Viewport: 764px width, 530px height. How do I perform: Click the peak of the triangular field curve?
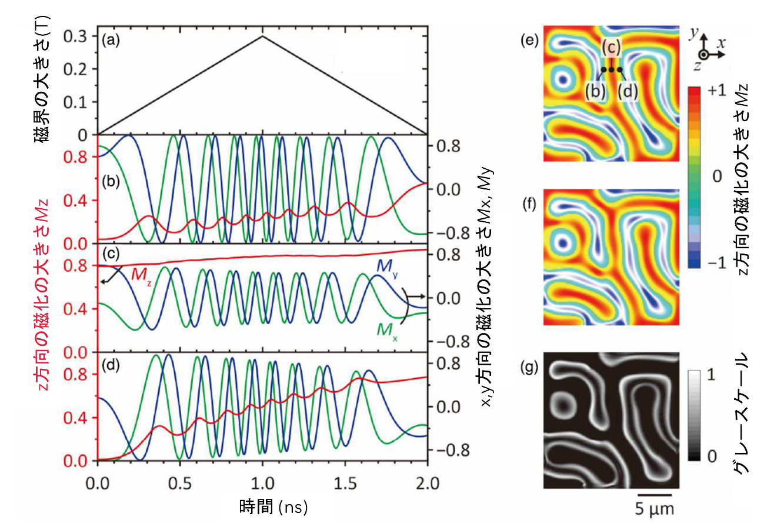click(x=262, y=36)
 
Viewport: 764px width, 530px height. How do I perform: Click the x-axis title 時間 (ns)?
click(x=273, y=504)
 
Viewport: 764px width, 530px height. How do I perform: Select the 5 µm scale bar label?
click(x=655, y=507)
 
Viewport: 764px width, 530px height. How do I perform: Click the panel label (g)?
click(x=529, y=368)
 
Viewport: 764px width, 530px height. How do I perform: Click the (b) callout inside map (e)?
click(x=595, y=91)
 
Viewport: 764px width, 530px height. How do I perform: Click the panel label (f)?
click(x=529, y=207)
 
